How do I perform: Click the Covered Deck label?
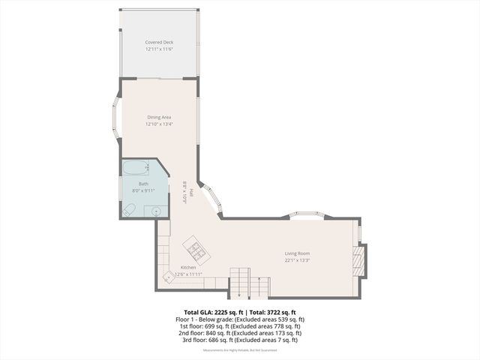coord(159,43)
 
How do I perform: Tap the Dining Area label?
coord(159,117)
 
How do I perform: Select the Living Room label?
coord(297,253)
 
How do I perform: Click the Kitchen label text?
coord(188,268)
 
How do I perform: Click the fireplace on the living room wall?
coord(359,259)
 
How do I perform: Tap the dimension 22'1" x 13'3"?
coord(297,261)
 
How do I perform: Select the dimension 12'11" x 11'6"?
coord(159,49)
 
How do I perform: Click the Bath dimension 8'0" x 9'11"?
coord(143,190)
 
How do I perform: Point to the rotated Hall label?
coord(191,193)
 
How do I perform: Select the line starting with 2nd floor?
coord(240,333)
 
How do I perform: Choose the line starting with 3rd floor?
coord(240,340)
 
